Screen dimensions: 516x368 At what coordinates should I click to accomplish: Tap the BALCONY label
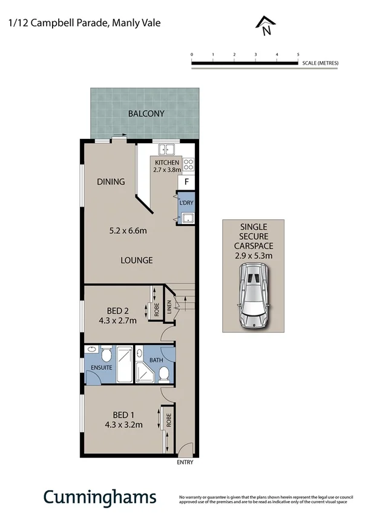[x=146, y=114]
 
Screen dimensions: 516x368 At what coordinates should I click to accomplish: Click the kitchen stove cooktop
[x=188, y=163]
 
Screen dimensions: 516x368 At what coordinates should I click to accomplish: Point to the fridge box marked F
[x=186, y=182]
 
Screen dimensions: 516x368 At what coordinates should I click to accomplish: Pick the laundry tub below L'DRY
[x=186, y=219]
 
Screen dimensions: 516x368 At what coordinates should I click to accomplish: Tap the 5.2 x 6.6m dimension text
[x=128, y=230]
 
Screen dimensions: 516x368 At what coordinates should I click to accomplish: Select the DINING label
[x=111, y=181]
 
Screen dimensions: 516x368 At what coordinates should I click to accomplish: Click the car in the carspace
[x=252, y=297]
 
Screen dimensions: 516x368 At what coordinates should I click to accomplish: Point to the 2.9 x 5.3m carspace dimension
[x=253, y=256]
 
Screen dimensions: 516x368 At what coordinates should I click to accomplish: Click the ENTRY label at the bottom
[x=185, y=463]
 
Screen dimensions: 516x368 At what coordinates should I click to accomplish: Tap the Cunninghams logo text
[x=99, y=497]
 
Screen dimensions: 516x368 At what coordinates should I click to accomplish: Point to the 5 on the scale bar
[x=298, y=54]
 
